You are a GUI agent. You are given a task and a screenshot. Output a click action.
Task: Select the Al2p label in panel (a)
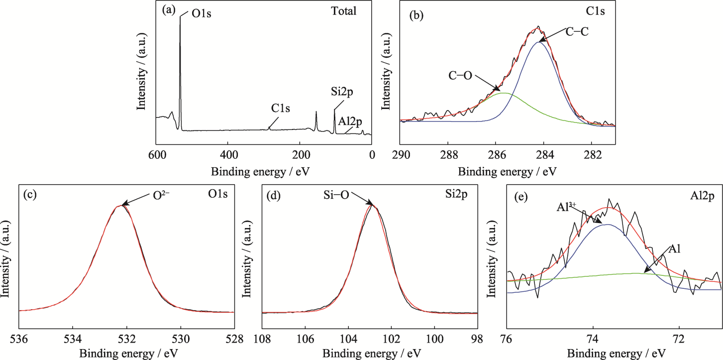(351, 120)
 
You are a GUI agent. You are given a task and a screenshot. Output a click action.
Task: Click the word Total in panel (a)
(344, 11)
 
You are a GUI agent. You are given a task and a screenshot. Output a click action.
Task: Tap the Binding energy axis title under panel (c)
(125, 353)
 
